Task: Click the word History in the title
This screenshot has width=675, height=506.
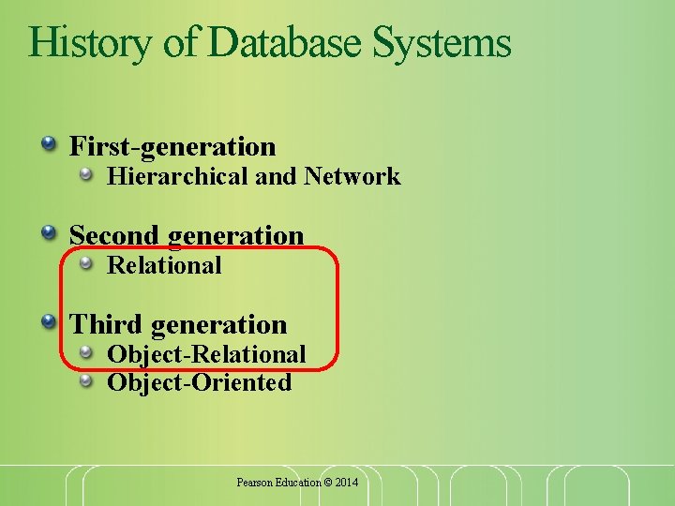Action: tap(88, 43)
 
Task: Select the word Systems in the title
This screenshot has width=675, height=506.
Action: tap(442, 43)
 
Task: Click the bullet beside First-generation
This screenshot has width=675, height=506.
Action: tap(47, 142)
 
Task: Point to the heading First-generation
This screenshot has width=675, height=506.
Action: tap(173, 147)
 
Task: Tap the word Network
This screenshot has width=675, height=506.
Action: tap(352, 176)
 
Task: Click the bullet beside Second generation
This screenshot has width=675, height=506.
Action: tap(47, 231)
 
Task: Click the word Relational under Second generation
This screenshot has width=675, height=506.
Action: tap(165, 265)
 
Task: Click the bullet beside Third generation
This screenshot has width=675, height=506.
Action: tap(47, 320)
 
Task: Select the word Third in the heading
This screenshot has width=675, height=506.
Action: tap(106, 324)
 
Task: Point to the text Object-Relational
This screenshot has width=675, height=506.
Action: tap(206, 354)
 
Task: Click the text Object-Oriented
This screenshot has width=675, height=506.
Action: tap(199, 382)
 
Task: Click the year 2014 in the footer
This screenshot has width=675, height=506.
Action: tap(346, 482)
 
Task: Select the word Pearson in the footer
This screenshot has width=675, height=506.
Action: tap(253, 482)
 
